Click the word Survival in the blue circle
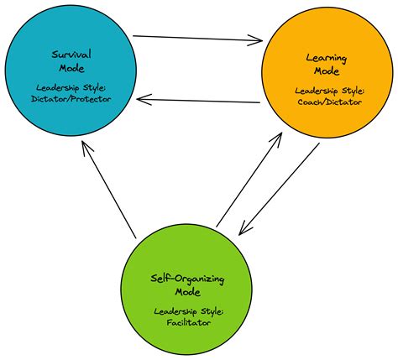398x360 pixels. pyautogui.click(x=71, y=54)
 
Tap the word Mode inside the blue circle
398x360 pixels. pyautogui.click(x=71, y=67)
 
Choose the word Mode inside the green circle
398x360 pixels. pyautogui.click(x=188, y=292)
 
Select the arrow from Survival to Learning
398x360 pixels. pyautogui.click(x=198, y=38)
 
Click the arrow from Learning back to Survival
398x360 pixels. pyautogui.click(x=198, y=100)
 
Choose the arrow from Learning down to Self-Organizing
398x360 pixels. pyautogui.click(x=280, y=188)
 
